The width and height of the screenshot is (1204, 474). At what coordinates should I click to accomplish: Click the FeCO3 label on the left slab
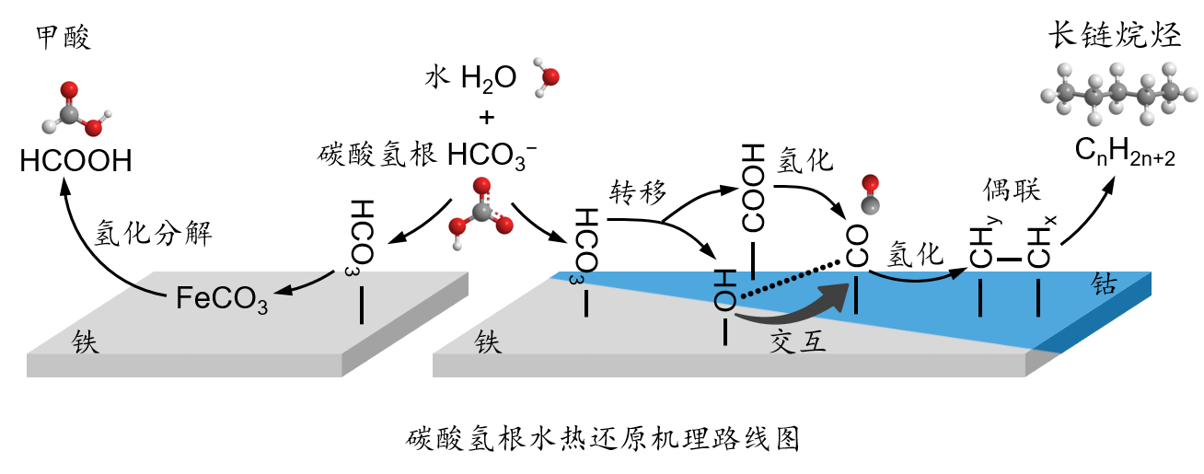pos(222,299)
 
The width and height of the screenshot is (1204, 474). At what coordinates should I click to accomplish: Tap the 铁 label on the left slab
pos(86,343)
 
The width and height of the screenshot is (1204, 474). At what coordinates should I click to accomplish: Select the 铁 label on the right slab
pos(488,343)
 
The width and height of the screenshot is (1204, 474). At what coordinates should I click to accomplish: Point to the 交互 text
pos(798,342)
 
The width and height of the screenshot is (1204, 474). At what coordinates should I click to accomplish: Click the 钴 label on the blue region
pos(1104,285)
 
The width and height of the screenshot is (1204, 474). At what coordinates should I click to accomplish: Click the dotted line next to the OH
pos(778,284)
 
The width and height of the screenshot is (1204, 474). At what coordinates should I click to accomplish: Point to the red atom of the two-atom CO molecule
pos(870,183)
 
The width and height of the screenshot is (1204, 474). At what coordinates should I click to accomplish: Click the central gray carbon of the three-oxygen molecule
pos(481,213)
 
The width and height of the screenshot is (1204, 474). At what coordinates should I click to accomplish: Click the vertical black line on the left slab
pos(362,305)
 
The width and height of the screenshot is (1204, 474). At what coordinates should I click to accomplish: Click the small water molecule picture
pos(546,78)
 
